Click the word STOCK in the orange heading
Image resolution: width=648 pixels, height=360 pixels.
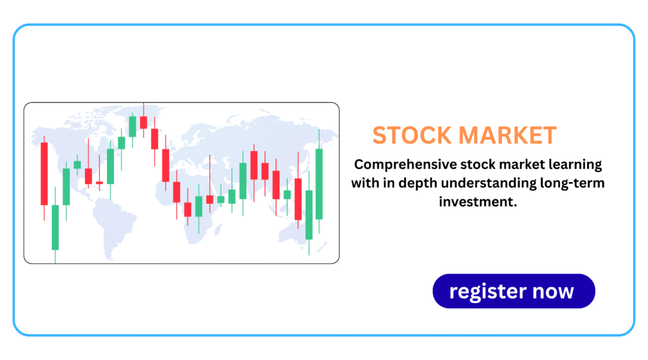412,135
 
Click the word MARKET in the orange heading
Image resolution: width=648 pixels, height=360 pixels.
508,135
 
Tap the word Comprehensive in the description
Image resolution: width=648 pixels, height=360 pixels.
405,164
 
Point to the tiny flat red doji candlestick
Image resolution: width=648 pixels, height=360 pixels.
99,182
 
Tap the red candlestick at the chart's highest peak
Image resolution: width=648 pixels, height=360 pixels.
144,122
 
